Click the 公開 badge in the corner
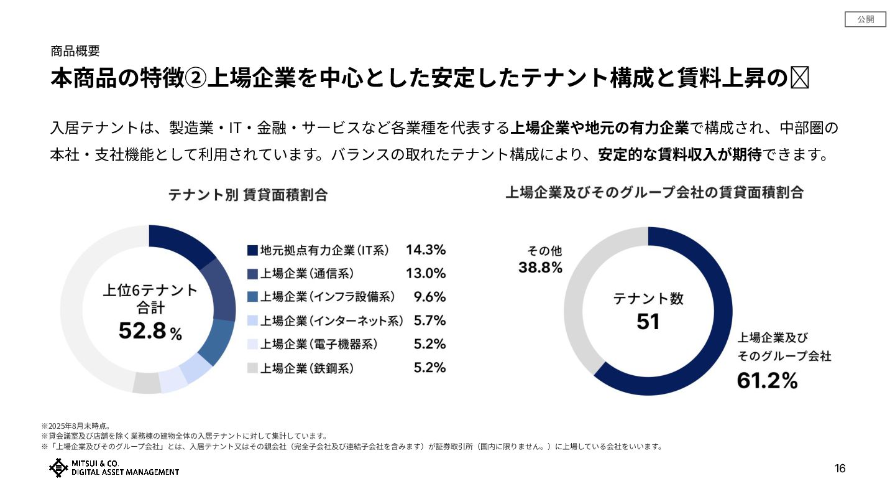865,19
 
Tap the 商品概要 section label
75,52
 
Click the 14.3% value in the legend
426,250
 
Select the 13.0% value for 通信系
426,273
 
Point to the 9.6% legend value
430,297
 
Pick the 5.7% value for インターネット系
430,320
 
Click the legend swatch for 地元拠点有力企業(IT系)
252,250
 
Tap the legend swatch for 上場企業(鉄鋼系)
252,368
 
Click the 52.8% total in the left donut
150,332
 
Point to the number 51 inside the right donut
648,322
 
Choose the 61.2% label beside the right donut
767,380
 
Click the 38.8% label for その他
540,268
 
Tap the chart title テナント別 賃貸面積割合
247,195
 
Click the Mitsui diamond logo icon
58,468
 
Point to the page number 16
840,469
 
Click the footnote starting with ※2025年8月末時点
76,426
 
